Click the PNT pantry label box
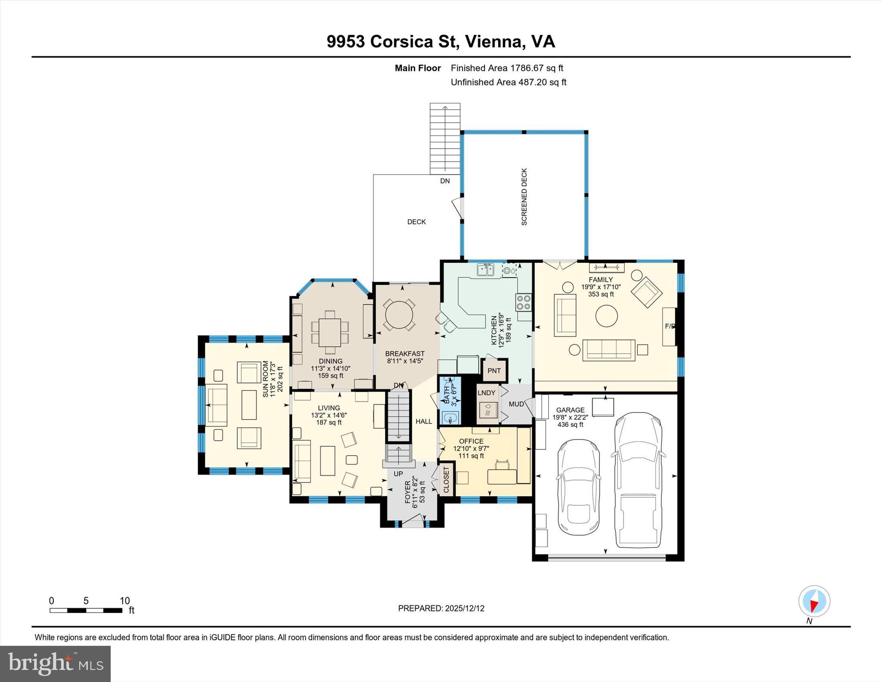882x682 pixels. click(494, 371)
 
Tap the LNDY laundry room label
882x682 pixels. click(486, 392)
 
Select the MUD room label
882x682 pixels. click(516, 404)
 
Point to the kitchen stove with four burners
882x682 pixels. click(523, 302)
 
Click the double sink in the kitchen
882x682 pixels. click(485, 270)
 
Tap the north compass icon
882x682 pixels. click(814, 601)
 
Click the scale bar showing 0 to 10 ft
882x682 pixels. click(86, 610)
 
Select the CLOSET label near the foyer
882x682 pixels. click(446, 480)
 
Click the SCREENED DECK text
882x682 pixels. click(524, 196)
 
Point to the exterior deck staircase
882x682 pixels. click(445, 139)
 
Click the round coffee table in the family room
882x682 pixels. click(606, 316)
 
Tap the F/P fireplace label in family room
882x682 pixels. click(670, 326)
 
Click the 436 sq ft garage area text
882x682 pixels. click(570, 424)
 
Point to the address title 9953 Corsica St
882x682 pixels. click(441, 42)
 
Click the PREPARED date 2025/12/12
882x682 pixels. click(441, 608)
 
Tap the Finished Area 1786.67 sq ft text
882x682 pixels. click(506, 68)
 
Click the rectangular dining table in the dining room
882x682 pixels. click(330, 332)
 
